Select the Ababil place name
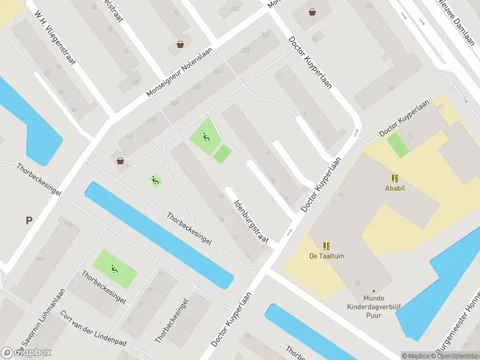point(395,187)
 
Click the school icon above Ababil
point(395,178)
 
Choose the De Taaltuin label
point(326,256)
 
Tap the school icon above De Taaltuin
point(326,246)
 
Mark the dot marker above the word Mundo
point(373,291)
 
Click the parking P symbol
point(28,221)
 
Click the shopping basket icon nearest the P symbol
point(121,160)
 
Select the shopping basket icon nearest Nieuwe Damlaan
point(312,11)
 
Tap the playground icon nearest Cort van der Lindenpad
point(115,268)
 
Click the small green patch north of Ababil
point(398,145)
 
